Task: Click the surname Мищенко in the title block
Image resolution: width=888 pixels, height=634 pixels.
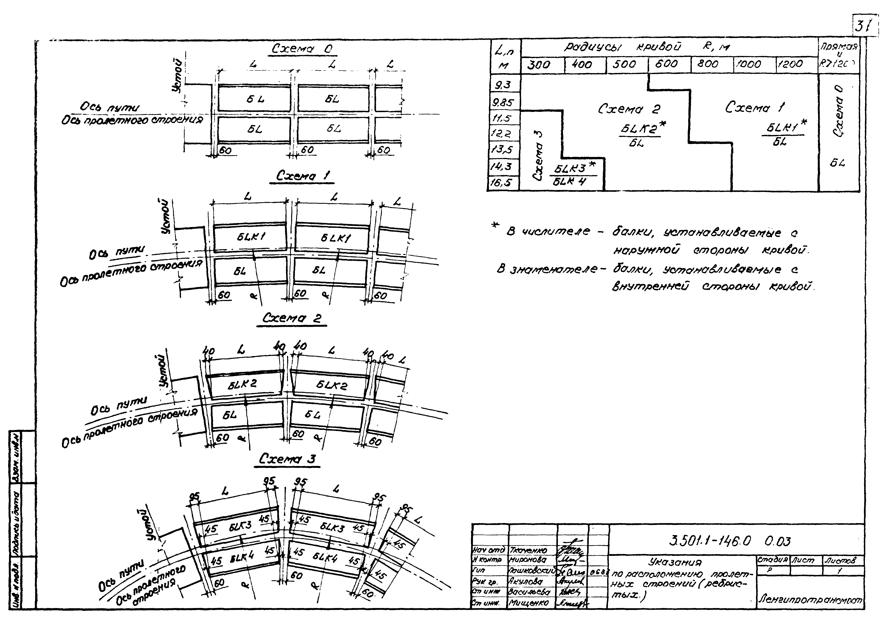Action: pyautogui.click(x=528, y=603)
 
